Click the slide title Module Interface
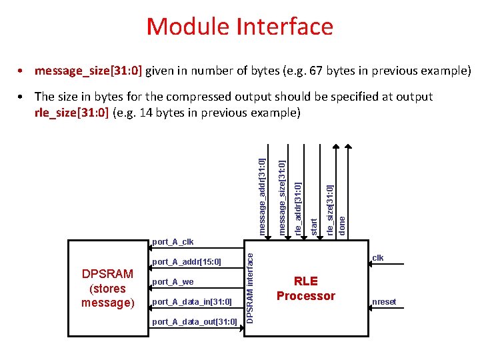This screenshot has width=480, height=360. (x=239, y=27)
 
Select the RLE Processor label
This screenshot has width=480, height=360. (x=306, y=289)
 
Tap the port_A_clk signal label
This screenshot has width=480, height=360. (x=173, y=241)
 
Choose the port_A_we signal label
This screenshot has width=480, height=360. (x=173, y=282)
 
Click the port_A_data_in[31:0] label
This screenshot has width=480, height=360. (x=192, y=303)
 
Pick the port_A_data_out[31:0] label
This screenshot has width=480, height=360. (x=195, y=323)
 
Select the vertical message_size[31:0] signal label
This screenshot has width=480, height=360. (x=283, y=197)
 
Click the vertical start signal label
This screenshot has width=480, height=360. (x=314, y=224)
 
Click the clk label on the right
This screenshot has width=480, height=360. (x=378, y=258)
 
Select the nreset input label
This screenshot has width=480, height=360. (x=385, y=302)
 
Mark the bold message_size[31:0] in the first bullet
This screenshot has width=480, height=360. (x=89, y=71)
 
